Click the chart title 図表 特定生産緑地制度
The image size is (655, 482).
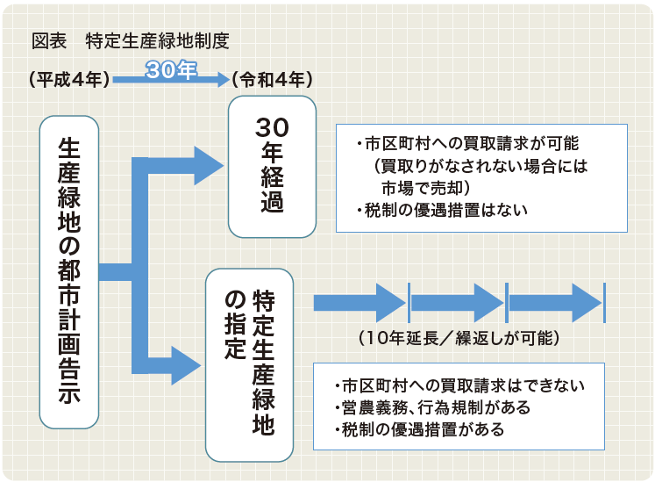131,41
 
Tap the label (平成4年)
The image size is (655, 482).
69,79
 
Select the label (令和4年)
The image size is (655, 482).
272,79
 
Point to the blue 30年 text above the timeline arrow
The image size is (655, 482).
171,69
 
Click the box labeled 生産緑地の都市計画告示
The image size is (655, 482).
69,272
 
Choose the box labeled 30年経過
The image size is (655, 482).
272,167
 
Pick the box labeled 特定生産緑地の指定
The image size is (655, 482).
249,365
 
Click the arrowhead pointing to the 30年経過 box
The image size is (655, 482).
209,166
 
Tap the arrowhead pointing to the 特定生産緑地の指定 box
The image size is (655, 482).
186,365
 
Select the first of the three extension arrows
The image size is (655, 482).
360,303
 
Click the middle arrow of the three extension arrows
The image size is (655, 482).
458,303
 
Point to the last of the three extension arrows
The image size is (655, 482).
555,303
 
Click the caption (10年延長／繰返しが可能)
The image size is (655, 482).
459,338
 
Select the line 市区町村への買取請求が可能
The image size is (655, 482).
467,143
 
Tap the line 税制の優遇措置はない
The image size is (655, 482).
442,210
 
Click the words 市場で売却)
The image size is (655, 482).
425,188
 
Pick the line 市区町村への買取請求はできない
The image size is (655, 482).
459,385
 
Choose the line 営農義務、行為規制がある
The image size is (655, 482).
432,407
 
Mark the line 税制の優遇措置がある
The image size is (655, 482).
419,429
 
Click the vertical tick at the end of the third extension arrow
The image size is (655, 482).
604,303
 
